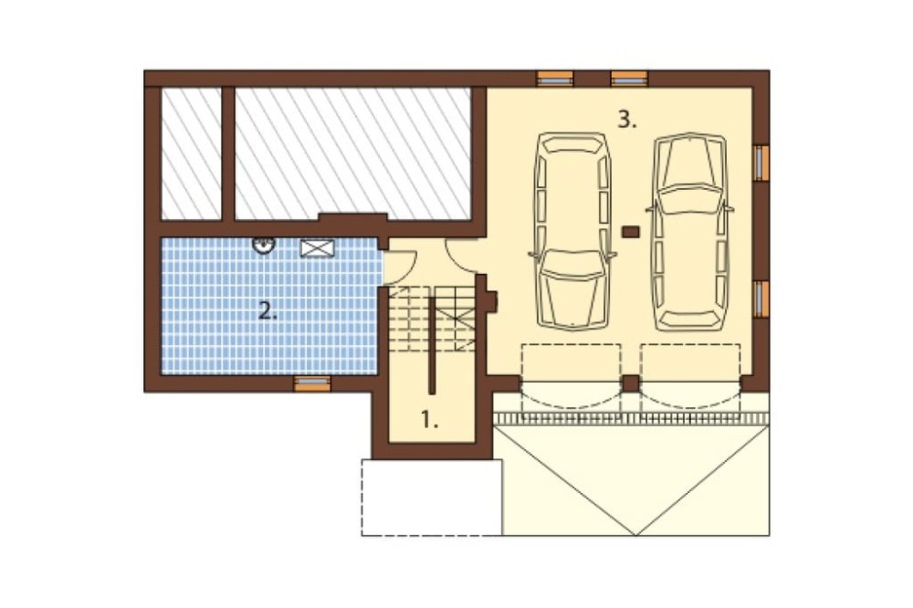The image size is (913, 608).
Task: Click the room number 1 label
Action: coord(429,420)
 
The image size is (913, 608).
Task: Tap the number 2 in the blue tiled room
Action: coord(268,312)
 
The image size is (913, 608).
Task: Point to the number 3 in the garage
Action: coord(627,120)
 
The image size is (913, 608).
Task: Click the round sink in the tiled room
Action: coord(264,246)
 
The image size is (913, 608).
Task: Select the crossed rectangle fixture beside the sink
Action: coord(318,248)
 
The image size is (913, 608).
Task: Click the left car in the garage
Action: coord(572,231)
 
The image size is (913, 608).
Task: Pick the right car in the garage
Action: coord(690,232)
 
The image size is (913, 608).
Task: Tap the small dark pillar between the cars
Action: coord(631,232)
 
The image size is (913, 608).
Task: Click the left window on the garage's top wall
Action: coord(555,78)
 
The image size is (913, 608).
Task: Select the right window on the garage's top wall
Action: coord(629,78)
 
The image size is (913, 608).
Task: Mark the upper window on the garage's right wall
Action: coord(761,163)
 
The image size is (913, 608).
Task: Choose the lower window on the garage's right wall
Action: coord(761,299)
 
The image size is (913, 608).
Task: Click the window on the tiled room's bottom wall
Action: coord(312,383)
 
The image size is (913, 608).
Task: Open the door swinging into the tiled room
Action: coord(401,267)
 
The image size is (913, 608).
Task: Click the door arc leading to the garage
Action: coord(461,257)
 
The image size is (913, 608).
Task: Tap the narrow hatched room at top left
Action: coord(191,153)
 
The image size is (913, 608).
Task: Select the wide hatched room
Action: coord(352,153)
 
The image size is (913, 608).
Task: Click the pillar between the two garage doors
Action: coord(631,384)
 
